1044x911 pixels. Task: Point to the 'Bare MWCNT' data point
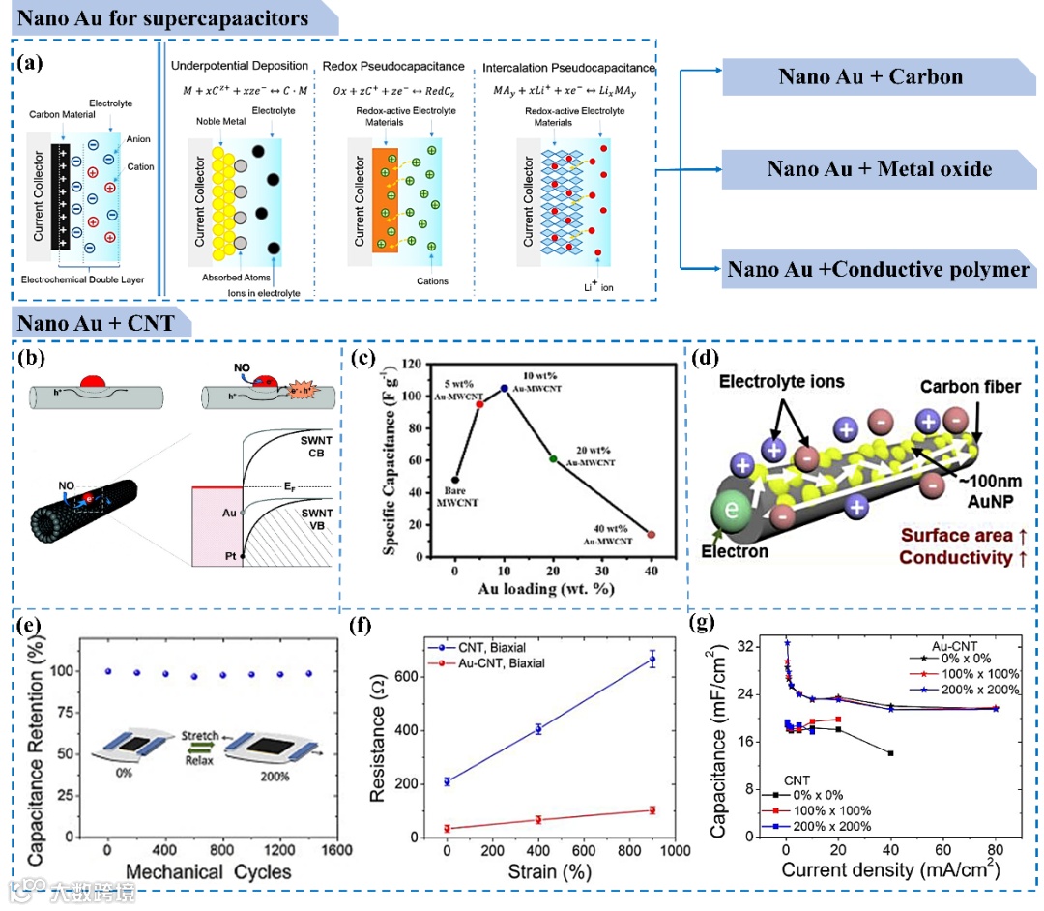point(455,480)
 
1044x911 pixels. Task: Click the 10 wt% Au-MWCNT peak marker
point(504,388)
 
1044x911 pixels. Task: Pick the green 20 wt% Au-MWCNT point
point(552,458)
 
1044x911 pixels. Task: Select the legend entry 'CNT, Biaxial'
point(485,645)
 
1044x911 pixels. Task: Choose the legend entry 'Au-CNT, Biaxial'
point(492,662)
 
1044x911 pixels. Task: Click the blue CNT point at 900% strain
point(652,660)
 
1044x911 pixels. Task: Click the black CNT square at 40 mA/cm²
point(890,753)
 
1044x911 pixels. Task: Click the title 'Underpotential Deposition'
point(239,67)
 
